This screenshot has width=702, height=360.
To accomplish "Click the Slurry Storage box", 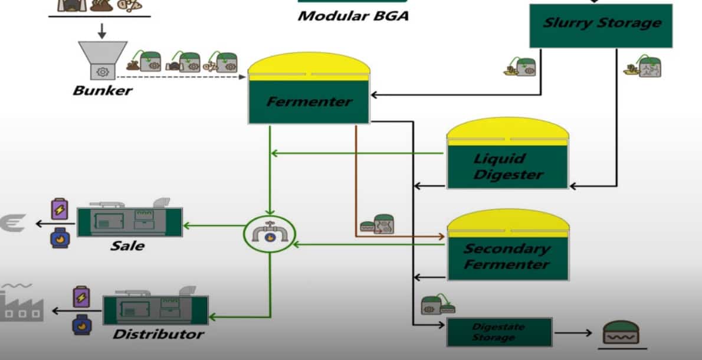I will coord(601,25).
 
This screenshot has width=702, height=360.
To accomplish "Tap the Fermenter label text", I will coord(309,102).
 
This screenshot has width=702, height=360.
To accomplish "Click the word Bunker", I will coord(103,91).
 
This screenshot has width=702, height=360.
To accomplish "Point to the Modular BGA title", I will coord(353,16).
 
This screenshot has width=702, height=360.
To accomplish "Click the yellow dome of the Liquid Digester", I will coord(507,130).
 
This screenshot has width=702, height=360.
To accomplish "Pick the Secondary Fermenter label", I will coord(507,256).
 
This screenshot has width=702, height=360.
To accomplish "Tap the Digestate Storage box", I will coord(499,332).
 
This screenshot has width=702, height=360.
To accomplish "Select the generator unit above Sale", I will coord(130,221).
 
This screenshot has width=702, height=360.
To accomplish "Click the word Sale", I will coord(127,245).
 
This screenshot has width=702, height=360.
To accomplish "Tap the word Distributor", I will coord(158,335).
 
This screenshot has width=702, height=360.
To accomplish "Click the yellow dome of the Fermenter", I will coord(309,66).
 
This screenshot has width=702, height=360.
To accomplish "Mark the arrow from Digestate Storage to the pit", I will coord(572,333).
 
